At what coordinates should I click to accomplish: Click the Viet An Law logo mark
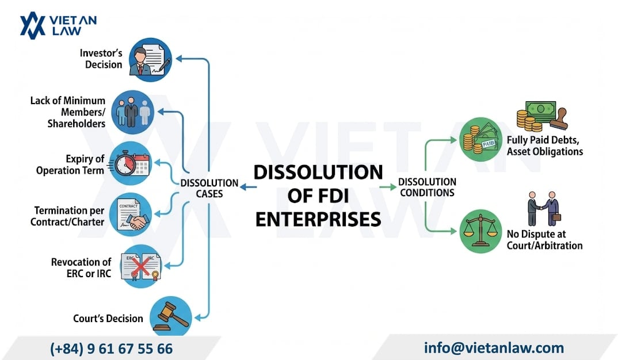tap(32, 26)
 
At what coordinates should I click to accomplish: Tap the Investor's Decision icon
tap(150, 59)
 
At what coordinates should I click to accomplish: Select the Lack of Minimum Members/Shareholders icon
tap(132, 112)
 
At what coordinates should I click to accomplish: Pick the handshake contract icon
tap(130, 215)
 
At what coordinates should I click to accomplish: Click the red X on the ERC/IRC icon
tap(141, 266)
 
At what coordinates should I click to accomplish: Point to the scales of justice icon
tap(480, 231)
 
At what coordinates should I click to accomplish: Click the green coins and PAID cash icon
tap(480, 139)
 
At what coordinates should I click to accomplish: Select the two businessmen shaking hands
tap(544, 209)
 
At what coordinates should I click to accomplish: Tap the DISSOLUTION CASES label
tap(209, 188)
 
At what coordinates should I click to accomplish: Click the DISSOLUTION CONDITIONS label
tap(427, 187)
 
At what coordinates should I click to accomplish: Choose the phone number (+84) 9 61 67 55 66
tap(111, 348)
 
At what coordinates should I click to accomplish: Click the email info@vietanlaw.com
tap(494, 348)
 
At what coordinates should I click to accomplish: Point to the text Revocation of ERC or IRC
tap(81, 268)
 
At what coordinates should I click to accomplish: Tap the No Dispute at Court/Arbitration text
tap(545, 240)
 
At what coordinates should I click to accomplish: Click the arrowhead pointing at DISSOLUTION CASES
tap(243, 187)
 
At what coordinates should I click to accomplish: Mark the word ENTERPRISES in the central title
tap(318, 219)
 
